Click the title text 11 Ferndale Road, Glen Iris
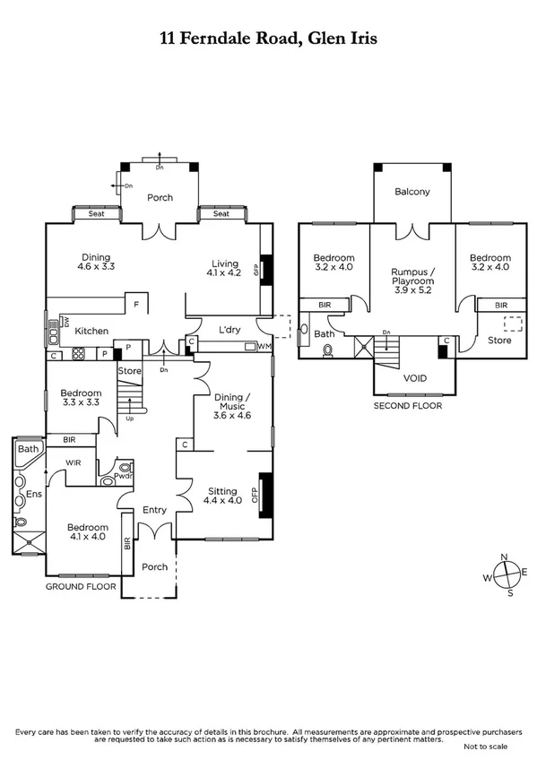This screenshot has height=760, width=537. click(268, 39)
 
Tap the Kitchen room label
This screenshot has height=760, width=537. click(91, 331)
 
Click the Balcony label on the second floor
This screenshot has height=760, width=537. click(412, 192)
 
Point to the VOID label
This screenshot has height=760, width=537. click(414, 377)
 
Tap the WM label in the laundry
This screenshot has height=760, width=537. click(264, 346)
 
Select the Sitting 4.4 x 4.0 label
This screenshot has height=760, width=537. click(222, 496)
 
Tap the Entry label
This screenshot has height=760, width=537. click(154, 510)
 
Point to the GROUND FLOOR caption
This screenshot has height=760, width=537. click(82, 586)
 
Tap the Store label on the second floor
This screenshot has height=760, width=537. click(499, 341)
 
